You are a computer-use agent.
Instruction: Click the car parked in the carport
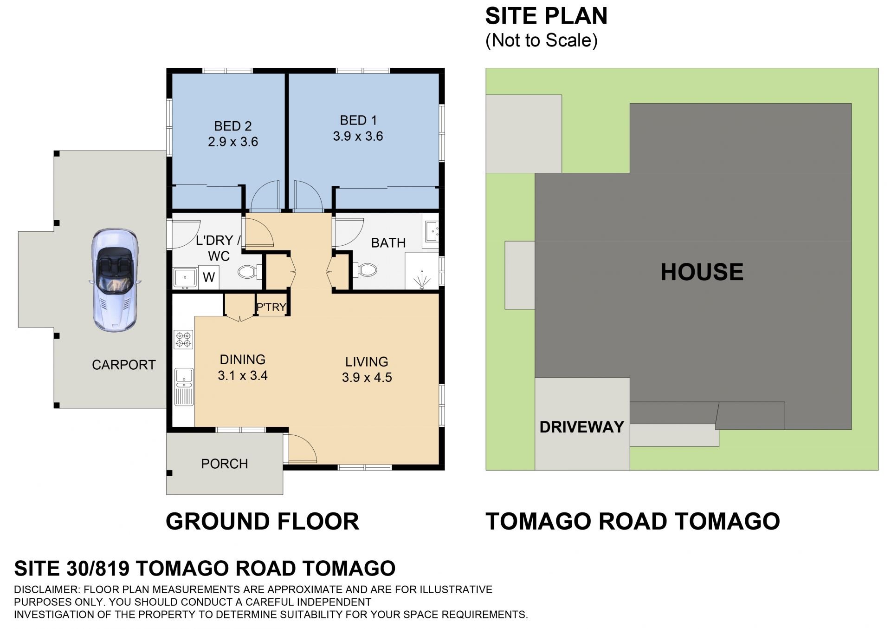pyautogui.click(x=114, y=280)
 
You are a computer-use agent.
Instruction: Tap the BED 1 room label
pyautogui.click(x=358, y=120)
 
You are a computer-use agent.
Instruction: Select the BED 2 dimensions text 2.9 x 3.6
pyautogui.click(x=233, y=142)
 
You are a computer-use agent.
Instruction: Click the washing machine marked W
pyautogui.click(x=209, y=277)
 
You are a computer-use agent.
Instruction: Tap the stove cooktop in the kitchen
pyautogui.click(x=184, y=339)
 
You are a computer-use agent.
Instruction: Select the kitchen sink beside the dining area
pyautogui.click(x=184, y=387)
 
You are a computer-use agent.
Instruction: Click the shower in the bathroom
pyautogui.click(x=422, y=271)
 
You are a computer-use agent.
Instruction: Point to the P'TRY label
pyautogui.click(x=271, y=307)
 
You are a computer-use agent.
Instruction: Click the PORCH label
pyautogui.click(x=225, y=464)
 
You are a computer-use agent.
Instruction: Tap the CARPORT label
pyautogui.click(x=124, y=365)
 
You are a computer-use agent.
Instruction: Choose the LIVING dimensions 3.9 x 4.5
pyautogui.click(x=367, y=377)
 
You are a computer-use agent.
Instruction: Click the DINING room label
pyautogui.click(x=243, y=360)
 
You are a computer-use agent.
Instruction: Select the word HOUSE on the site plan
pyautogui.click(x=702, y=272)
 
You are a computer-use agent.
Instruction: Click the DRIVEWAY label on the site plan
pyautogui.click(x=582, y=427)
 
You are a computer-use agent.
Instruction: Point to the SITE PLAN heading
pyautogui.click(x=546, y=16)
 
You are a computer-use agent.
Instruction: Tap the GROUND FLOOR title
pyautogui.click(x=263, y=521)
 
